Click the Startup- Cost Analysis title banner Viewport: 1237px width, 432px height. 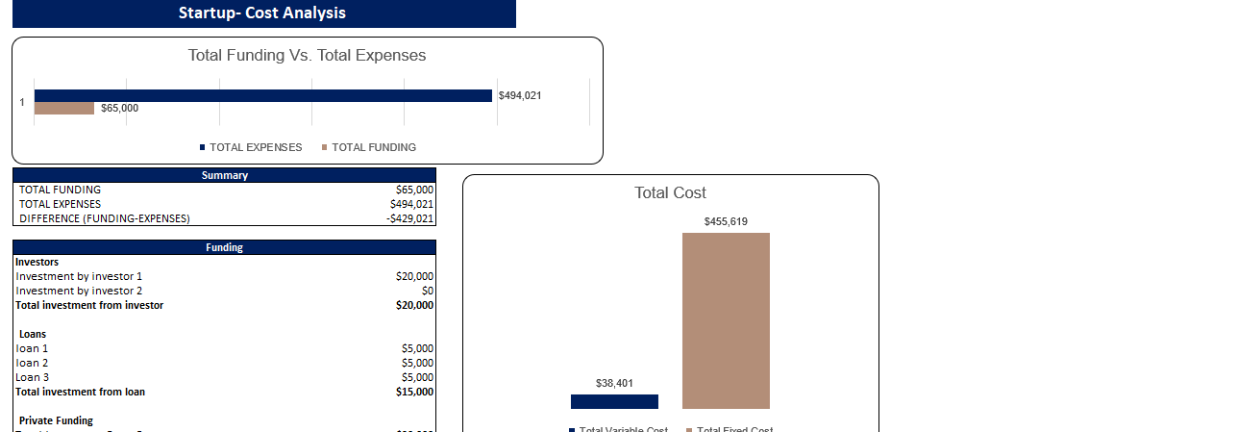click(x=261, y=13)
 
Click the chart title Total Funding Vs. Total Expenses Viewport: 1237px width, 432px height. click(x=307, y=56)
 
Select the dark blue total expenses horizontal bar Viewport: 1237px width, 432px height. click(x=262, y=95)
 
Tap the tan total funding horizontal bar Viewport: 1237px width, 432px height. click(x=64, y=109)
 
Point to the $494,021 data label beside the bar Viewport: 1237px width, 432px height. click(x=520, y=95)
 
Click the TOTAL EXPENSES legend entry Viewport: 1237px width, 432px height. click(x=251, y=147)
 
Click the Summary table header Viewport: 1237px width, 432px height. click(x=224, y=175)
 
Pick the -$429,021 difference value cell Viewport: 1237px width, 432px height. click(x=409, y=218)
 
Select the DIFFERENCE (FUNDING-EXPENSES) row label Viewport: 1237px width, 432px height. click(x=105, y=218)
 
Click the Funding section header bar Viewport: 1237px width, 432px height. click(x=224, y=247)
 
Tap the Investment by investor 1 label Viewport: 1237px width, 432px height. click(x=79, y=276)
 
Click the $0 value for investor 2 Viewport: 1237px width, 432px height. click(x=428, y=291)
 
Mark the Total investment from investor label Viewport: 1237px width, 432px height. click(x=89, y=305)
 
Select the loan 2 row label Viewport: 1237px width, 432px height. click(x=32, y=363)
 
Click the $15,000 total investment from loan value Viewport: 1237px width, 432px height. click(x=414, y=392)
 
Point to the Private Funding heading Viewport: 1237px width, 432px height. click(x=56, y=420)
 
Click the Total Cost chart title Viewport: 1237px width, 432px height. click(x=670, y=192)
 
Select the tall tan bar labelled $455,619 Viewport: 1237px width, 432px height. click(x=726, y=320)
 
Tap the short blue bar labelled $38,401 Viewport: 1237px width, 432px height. click(x=614, y=401)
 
